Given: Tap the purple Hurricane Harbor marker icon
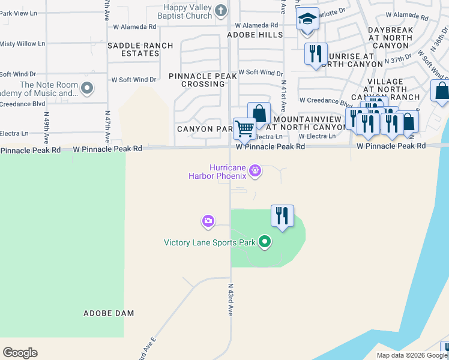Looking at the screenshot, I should [x=256, y=172].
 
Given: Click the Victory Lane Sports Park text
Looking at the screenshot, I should [x=209, y=243].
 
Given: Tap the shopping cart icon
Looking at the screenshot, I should [x=244, y=128].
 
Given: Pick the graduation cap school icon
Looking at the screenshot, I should [x=307, y=19].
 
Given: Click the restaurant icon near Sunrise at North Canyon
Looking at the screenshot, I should [x=315, y=53].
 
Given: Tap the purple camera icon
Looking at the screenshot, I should [x=208, y=221].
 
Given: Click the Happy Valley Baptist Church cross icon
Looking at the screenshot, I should [x=221, y=10].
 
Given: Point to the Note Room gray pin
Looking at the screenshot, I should [x=87, y=89].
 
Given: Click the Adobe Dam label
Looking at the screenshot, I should [x=109, y=313].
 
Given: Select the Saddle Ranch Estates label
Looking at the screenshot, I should [x=140, y=49].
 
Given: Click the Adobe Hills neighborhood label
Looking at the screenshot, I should [x=255, y=35].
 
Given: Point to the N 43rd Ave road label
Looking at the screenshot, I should [x=230, y=299].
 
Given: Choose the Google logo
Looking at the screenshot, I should [x=20, y=353].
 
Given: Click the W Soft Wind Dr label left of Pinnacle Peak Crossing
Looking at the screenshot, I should [x=134, y=79].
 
